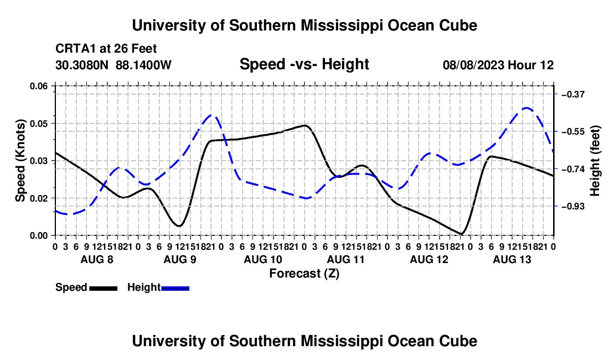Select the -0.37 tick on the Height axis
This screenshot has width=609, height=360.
click(573, 94)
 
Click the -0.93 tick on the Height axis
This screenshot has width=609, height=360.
click(573, 206)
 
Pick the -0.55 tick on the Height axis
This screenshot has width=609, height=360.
click(573, 132)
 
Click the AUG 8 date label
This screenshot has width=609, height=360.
click(97, 259)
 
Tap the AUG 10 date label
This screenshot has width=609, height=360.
click(263, 259)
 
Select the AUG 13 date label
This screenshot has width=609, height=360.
click(512, 259)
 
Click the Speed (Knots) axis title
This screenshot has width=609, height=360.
click(20, 161)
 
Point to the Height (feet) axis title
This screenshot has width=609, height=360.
click(595, 161)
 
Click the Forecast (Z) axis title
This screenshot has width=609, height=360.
click(304, 274)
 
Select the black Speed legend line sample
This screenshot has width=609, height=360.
click(104, 288)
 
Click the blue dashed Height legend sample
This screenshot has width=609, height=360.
click(175, 288)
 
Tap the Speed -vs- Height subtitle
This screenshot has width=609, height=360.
click(304, 64)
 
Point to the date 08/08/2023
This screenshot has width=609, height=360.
click(473, 65)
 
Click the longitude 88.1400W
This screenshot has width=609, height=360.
click(143, 65)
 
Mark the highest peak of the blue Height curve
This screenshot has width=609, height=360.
click(527, 108)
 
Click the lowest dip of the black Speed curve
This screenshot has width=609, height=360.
click(461, 234)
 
